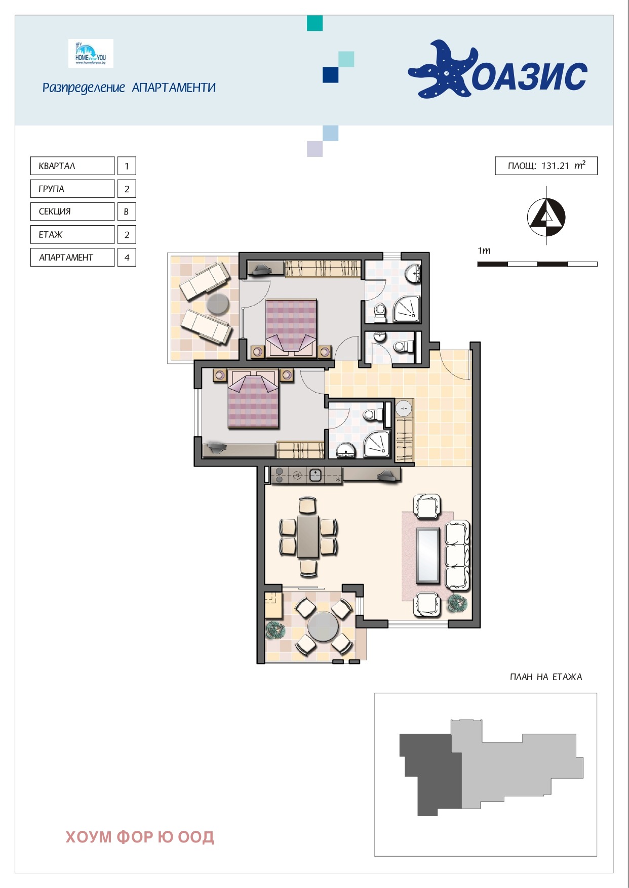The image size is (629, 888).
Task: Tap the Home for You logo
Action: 91,53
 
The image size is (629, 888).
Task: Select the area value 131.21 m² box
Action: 546,166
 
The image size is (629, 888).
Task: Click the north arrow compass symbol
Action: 546,217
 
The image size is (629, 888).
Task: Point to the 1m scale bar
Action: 537,264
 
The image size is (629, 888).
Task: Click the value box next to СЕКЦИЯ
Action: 127,212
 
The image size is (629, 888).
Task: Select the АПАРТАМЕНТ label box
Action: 72,257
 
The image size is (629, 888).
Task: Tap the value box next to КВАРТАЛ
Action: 127,166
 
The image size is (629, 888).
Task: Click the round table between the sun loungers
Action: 218,304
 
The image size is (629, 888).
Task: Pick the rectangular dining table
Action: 308,536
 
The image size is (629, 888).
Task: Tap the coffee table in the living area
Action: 427,556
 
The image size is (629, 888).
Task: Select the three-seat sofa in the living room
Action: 457,556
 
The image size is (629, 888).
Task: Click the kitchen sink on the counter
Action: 316,475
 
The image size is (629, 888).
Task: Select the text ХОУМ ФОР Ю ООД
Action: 140,837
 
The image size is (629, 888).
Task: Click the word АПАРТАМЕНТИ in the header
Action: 174,88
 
